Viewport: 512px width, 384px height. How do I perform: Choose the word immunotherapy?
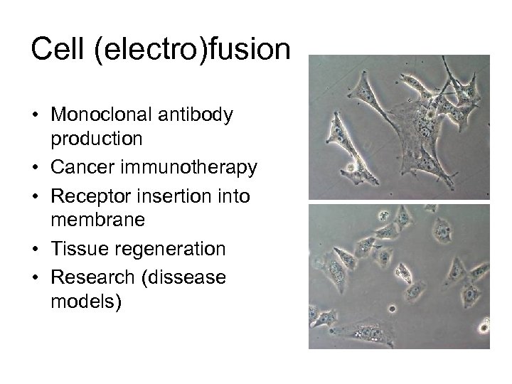[x=188, y=168]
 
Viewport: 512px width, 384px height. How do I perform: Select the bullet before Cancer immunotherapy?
[x=35, y=169]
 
